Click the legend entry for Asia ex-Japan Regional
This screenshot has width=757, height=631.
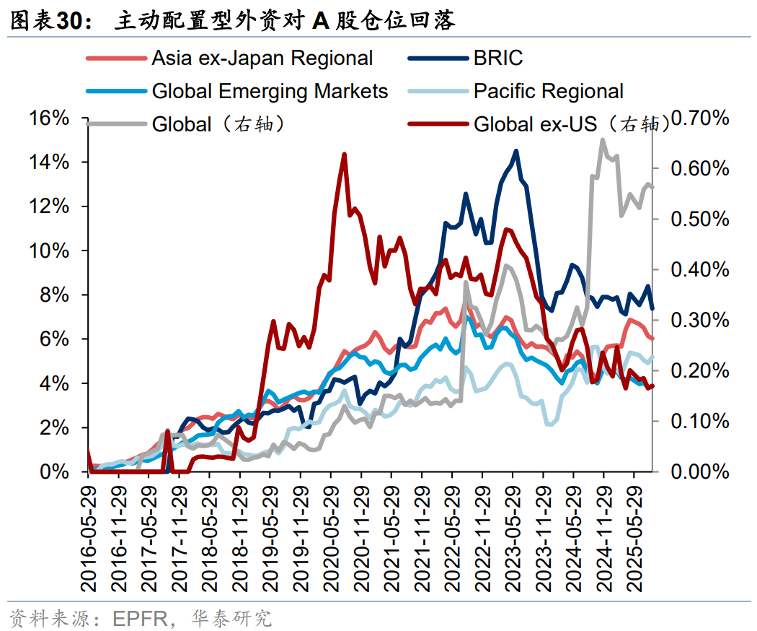click(262, 58)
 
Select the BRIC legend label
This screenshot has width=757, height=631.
click(498, 58)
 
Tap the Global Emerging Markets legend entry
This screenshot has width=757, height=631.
click(270, 91)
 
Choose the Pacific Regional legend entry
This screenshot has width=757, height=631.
click(548, 91)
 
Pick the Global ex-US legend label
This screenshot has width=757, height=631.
click(535, 124)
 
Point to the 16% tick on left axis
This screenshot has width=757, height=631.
click(49, 118)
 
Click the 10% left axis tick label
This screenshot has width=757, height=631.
click(49, 251)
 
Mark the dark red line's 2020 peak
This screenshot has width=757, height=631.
click(344, 155)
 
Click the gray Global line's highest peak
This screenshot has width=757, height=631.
click(603, 140)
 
